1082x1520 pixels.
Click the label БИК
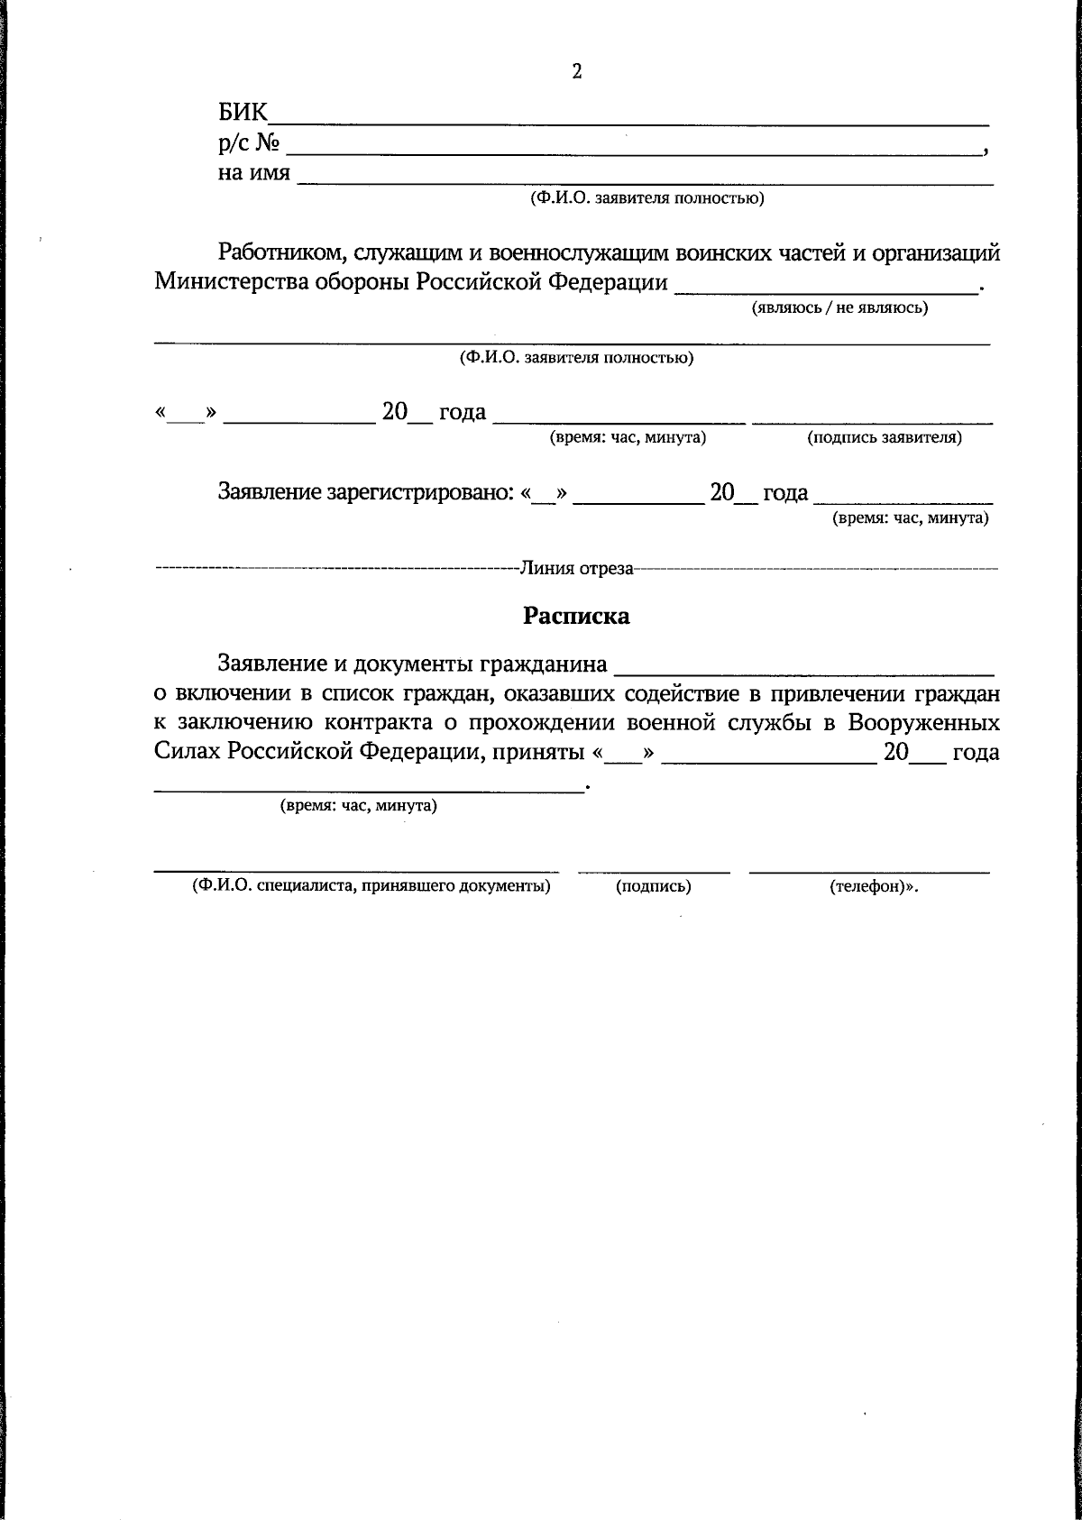click(242, 114)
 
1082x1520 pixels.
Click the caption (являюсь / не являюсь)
click(839, 308)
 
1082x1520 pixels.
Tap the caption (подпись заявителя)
click(884, 438)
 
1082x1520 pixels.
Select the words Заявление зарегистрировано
click(366, 493)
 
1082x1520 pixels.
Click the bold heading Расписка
click(577, 617)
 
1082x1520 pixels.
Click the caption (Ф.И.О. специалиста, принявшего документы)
click(371, 886)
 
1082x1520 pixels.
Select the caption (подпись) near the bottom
click(653, 887)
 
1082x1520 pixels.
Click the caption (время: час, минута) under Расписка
click(358, 806)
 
